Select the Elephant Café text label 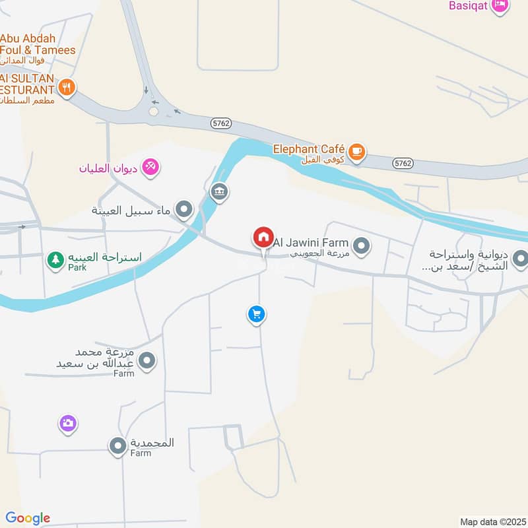(310, 150)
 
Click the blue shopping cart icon (257, 315)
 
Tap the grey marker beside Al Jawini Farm (361, 247)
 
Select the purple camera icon (67, 423)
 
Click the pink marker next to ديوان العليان (151, 168)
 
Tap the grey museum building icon (218, 192)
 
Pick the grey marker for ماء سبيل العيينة (184, 211)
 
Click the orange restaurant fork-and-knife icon (67, 86)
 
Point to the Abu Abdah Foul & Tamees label (38, 44)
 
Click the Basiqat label (468, 5)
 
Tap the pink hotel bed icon (500, 5)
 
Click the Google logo (28, 518)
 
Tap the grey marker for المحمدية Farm (118, 447)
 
